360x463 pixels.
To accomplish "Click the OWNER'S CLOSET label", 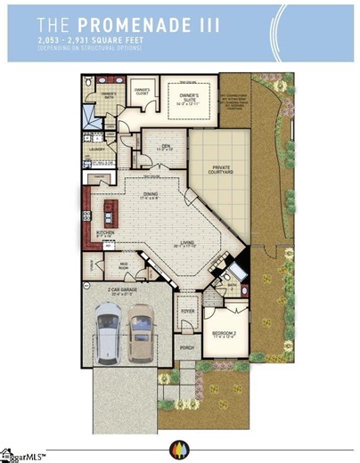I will click(x=143, y=91).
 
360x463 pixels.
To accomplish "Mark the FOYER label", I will click(x=187, y=312).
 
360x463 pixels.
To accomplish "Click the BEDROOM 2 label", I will click(x=224, y=335).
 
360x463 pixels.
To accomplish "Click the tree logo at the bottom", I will click(x=179, y=447).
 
